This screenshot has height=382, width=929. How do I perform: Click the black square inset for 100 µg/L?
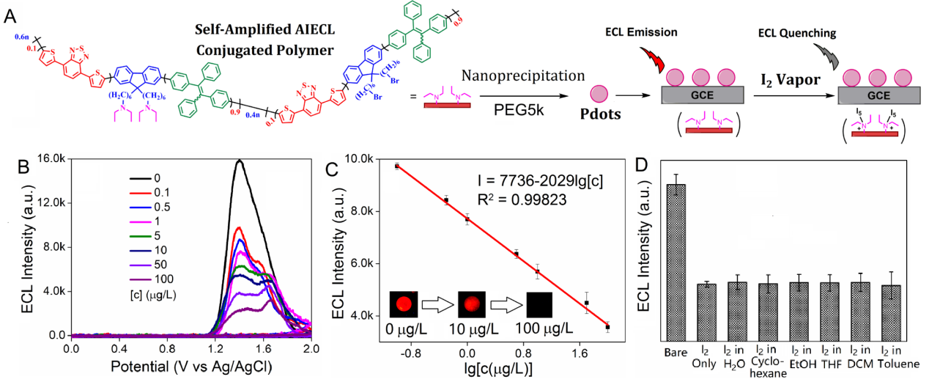coord(536,301)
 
